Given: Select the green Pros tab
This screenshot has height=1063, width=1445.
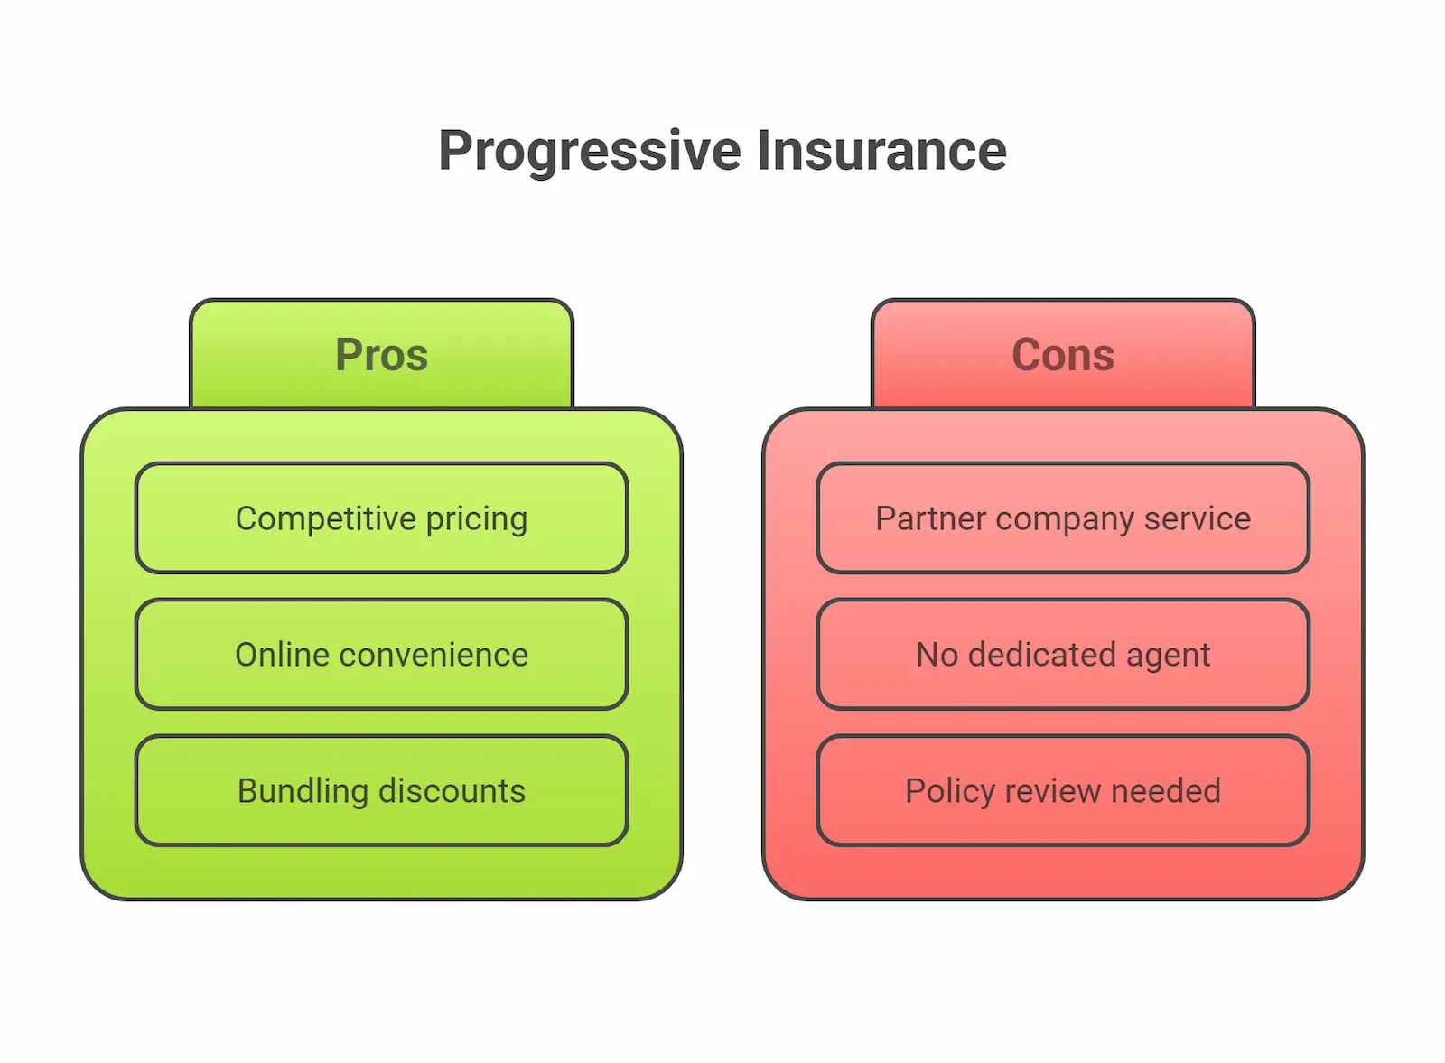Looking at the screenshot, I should click(381, 354).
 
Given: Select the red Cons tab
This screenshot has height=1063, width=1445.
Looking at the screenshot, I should click(1063, 354).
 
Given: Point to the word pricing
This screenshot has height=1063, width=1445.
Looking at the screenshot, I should click(476, 519).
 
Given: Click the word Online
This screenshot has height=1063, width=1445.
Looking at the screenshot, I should click(282, 655).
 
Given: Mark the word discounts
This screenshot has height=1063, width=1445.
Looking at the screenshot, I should click(452, 791).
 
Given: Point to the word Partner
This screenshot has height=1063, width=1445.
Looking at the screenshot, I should click(930, 519).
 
